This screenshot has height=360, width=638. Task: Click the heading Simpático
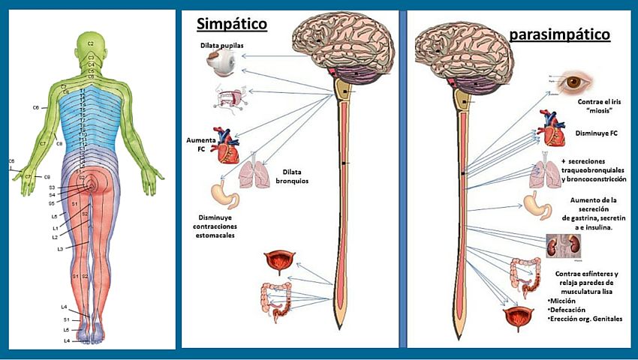pos(232,24)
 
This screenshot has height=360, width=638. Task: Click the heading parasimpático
pos(558,34)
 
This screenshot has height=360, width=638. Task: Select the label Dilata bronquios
pos(282,175)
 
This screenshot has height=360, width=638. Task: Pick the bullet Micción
pos(566,299)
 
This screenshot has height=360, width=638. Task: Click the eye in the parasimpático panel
pos(576,81)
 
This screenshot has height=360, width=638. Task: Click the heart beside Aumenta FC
pos(227,145)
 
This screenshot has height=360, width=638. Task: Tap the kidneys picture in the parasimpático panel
pos(559,246)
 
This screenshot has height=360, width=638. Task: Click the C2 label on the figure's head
pos(90,34)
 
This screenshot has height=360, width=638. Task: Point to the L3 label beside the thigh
pos(59,248)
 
